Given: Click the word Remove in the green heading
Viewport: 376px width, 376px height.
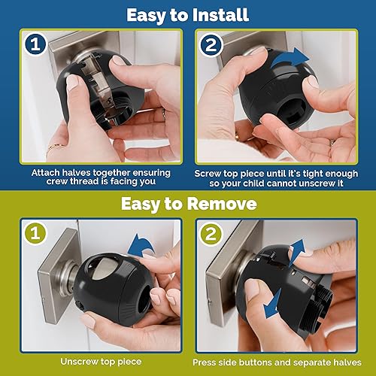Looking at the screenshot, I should tap(226, 204).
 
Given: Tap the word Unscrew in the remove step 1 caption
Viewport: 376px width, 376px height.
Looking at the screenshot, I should tap(76, 362).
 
